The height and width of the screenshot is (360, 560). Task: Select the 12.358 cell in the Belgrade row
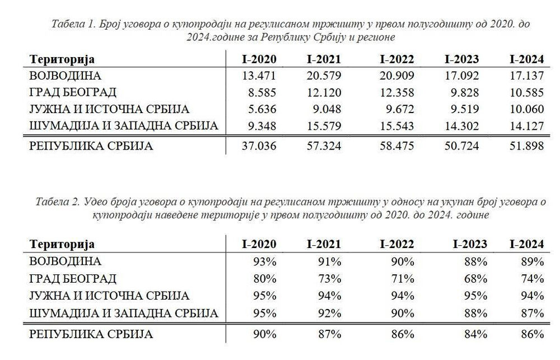[397, 92]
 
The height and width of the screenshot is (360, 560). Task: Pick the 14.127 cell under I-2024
[526, 126]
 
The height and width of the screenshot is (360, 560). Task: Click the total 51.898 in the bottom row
[526, 147]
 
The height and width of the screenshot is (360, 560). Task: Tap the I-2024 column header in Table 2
[526, 244]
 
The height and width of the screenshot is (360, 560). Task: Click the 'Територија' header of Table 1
[62, 59]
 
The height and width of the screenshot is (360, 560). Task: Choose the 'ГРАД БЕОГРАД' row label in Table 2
[73, 278]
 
